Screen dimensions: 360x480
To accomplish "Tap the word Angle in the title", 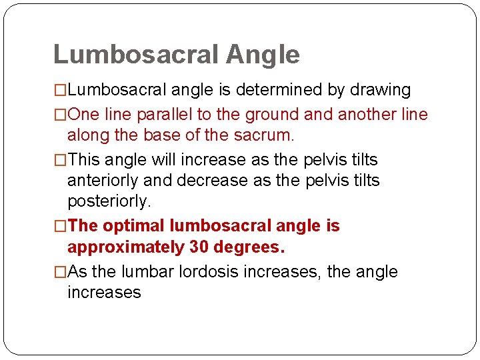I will click(x=263, y=55).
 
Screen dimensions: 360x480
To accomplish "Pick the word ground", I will click(x=271, y=115).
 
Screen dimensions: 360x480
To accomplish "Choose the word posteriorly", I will click(x=109, y=201).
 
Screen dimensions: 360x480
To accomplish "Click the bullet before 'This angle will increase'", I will click(x=60, y=160).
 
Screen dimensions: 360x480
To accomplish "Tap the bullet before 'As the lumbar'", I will click(x=60, y=272).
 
